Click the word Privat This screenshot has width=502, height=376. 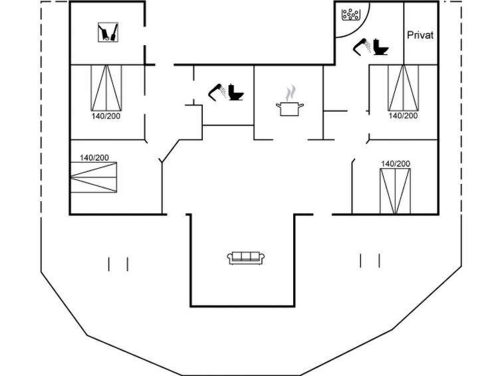coord(420,35)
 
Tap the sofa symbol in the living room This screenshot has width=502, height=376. coord(245,258)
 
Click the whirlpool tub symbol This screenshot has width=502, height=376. coord(351,14)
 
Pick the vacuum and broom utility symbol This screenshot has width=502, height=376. coord(108,32)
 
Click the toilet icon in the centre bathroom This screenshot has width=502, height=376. coord(236,92)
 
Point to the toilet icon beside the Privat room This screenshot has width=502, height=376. coord(381,47)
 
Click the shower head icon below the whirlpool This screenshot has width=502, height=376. coord(362,47)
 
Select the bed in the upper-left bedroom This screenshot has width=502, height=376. coord(106,88)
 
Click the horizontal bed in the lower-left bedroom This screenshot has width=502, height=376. coord(94,177)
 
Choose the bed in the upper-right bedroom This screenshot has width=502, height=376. coord(404,88)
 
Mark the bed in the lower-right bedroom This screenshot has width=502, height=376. coord(396,191)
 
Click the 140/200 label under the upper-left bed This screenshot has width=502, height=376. coord(106,116)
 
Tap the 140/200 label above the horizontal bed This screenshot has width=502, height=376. coord(94,157)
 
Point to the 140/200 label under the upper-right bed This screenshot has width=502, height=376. coord(403,116)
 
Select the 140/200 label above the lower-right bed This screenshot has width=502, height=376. coord(396,164)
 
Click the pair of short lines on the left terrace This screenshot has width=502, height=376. coord(118,264)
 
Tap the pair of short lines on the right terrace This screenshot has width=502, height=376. coord(370,260)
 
